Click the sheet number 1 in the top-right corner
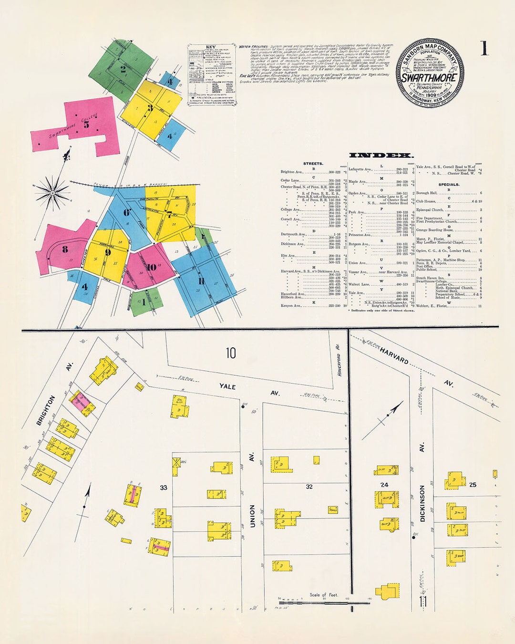[x=484, y=49]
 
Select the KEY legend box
[x=212, y=75]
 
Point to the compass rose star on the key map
[x=52, y=193]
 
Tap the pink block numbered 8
[x=65, y=249]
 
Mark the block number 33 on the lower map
[x=164, y=488]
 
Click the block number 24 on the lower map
[x=384, y=485]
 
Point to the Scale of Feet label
[x=323, y=594]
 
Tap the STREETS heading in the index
[x=313, y=164]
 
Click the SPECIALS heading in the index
[x=449, y=184]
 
